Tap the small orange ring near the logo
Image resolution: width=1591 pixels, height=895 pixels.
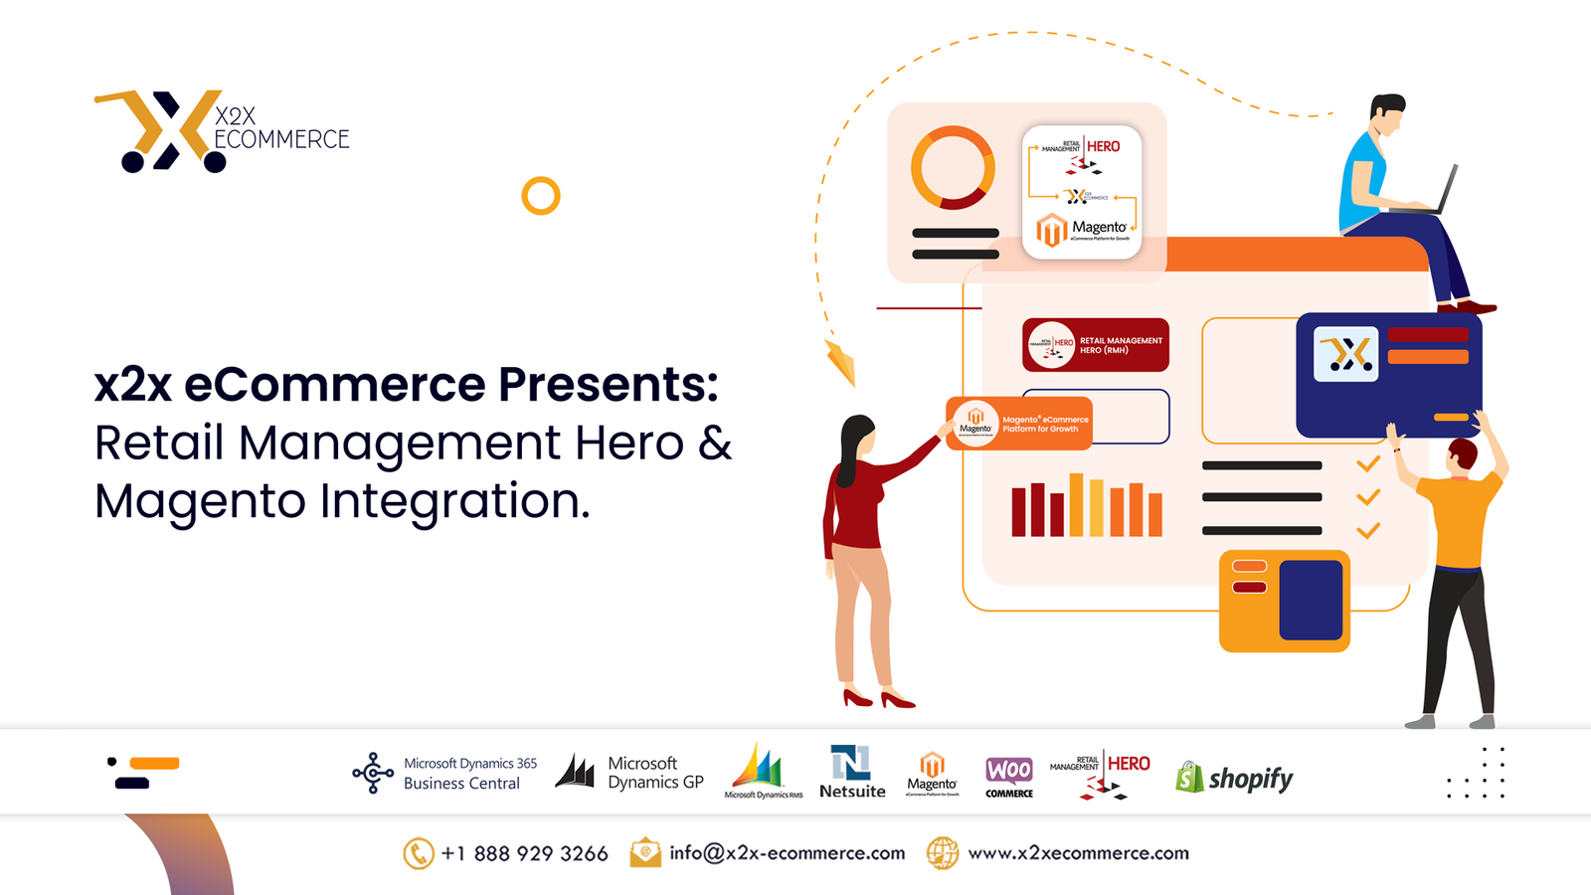click(541, 196)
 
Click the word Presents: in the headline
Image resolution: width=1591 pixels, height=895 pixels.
click(608, 385)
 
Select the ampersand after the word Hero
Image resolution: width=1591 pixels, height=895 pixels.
click(714, 444)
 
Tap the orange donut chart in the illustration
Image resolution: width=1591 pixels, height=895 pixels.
click(953, 167)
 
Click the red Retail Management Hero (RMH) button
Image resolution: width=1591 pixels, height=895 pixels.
click(1095, 345)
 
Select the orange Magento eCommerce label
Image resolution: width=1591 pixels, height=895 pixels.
click(1019, 424)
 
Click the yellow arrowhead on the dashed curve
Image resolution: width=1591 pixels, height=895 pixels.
click(841, 361)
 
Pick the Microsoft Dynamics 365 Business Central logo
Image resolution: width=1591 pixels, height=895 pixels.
click(444, 773)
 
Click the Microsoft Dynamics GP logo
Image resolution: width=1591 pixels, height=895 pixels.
click(629, 773)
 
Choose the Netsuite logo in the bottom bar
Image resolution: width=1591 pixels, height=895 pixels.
click(851, 772)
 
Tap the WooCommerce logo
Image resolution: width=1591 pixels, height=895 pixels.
click(1008, 775)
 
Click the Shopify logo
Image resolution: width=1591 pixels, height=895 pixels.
click(1234, 778)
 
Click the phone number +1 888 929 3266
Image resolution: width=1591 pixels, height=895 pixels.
click(524, 853)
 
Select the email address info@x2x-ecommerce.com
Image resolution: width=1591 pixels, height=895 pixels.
click(787, 853)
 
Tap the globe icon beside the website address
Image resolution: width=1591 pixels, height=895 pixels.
click(943, 853)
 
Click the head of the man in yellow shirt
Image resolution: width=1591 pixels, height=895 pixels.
click(1462, 455)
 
